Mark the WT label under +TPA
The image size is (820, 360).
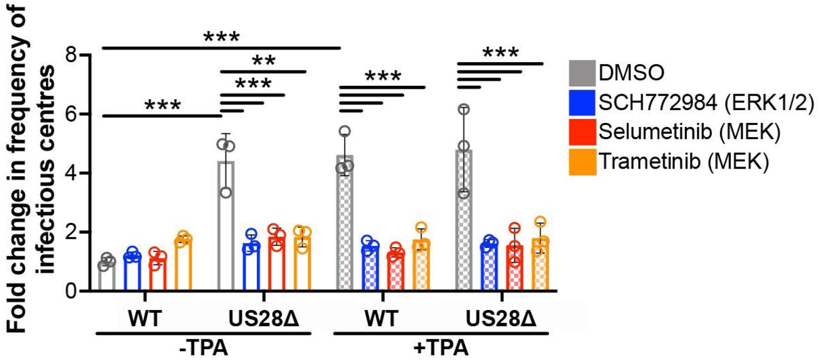coord(382,319)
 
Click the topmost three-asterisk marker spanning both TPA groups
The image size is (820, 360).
coord(221,37)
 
